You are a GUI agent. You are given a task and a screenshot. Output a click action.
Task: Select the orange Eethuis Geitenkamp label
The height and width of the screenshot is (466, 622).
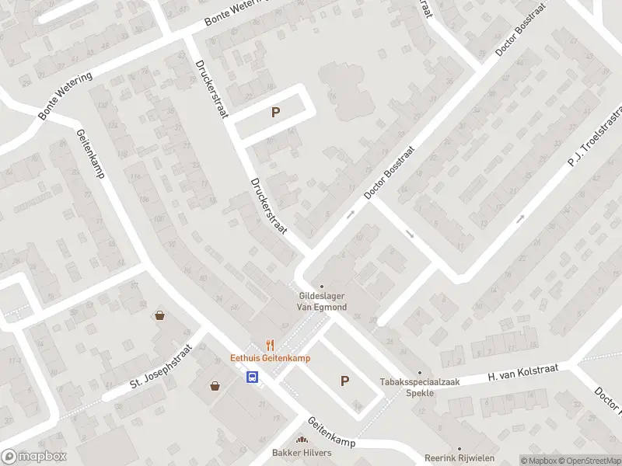[x=270, y=358]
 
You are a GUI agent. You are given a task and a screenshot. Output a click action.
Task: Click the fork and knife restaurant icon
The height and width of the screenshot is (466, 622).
[x=270, y=344]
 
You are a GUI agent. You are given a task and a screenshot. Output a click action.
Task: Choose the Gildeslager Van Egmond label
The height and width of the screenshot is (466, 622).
[x=321, y=301]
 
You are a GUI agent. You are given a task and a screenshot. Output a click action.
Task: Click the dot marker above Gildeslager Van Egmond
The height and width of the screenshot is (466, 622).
[x=321, y=286]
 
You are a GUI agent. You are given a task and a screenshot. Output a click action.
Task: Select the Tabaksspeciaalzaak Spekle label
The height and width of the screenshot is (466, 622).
[x=419, y=387]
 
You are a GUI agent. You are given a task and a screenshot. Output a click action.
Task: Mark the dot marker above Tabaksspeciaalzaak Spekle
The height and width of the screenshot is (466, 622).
[x=419, y=373]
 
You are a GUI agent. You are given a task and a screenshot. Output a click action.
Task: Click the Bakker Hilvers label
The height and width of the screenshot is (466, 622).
[x=302, y=453]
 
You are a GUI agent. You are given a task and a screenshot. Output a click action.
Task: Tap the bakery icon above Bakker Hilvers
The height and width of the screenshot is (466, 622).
[x=302, y=440]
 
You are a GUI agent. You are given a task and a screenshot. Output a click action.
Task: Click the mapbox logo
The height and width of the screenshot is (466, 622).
[x=34, y=457]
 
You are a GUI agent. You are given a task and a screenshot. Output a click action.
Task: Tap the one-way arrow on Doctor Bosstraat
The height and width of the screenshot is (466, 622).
[x=351, y=212]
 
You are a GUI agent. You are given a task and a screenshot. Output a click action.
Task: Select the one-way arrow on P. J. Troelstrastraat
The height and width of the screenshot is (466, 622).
[x=520, y=218]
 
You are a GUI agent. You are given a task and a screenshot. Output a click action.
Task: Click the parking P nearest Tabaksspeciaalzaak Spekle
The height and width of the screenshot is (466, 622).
[x=344, y=381]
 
